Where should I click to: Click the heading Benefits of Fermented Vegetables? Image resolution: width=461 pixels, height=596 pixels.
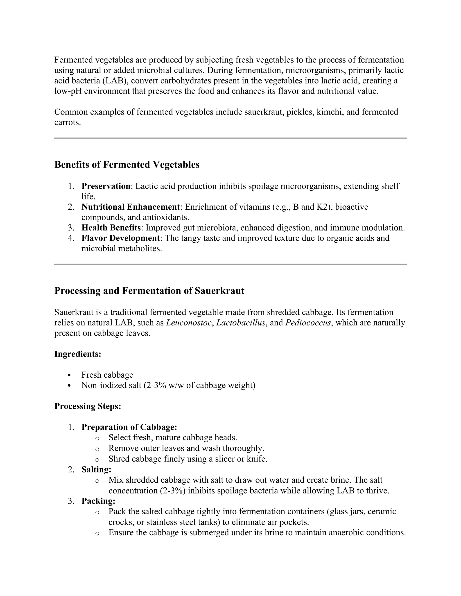click(x=127, y=165)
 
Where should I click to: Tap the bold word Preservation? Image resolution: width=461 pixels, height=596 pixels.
click(x=106, y=186)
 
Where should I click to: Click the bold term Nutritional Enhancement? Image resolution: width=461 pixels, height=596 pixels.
click(x=131, y=207)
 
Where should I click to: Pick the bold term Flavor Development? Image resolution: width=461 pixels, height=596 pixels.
click(x=120, y=238)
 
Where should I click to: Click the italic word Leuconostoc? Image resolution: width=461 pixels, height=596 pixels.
click(x=189, y=323)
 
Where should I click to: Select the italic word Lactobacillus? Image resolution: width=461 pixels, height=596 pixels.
click(x=241, y=323)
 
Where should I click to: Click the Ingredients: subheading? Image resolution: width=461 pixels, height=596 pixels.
click(x=78, y=354)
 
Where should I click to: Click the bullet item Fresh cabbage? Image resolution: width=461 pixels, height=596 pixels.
click(x=107, y=375)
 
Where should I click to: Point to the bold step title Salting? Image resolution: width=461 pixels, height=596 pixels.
click(x=96, y=469)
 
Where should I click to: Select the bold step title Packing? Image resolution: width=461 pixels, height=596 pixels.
click(x=98, y=501)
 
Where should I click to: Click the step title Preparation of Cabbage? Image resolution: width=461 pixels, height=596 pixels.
click(x=129, y=427)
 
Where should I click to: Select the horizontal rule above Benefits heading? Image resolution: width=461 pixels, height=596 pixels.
click(x=230, y=138)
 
